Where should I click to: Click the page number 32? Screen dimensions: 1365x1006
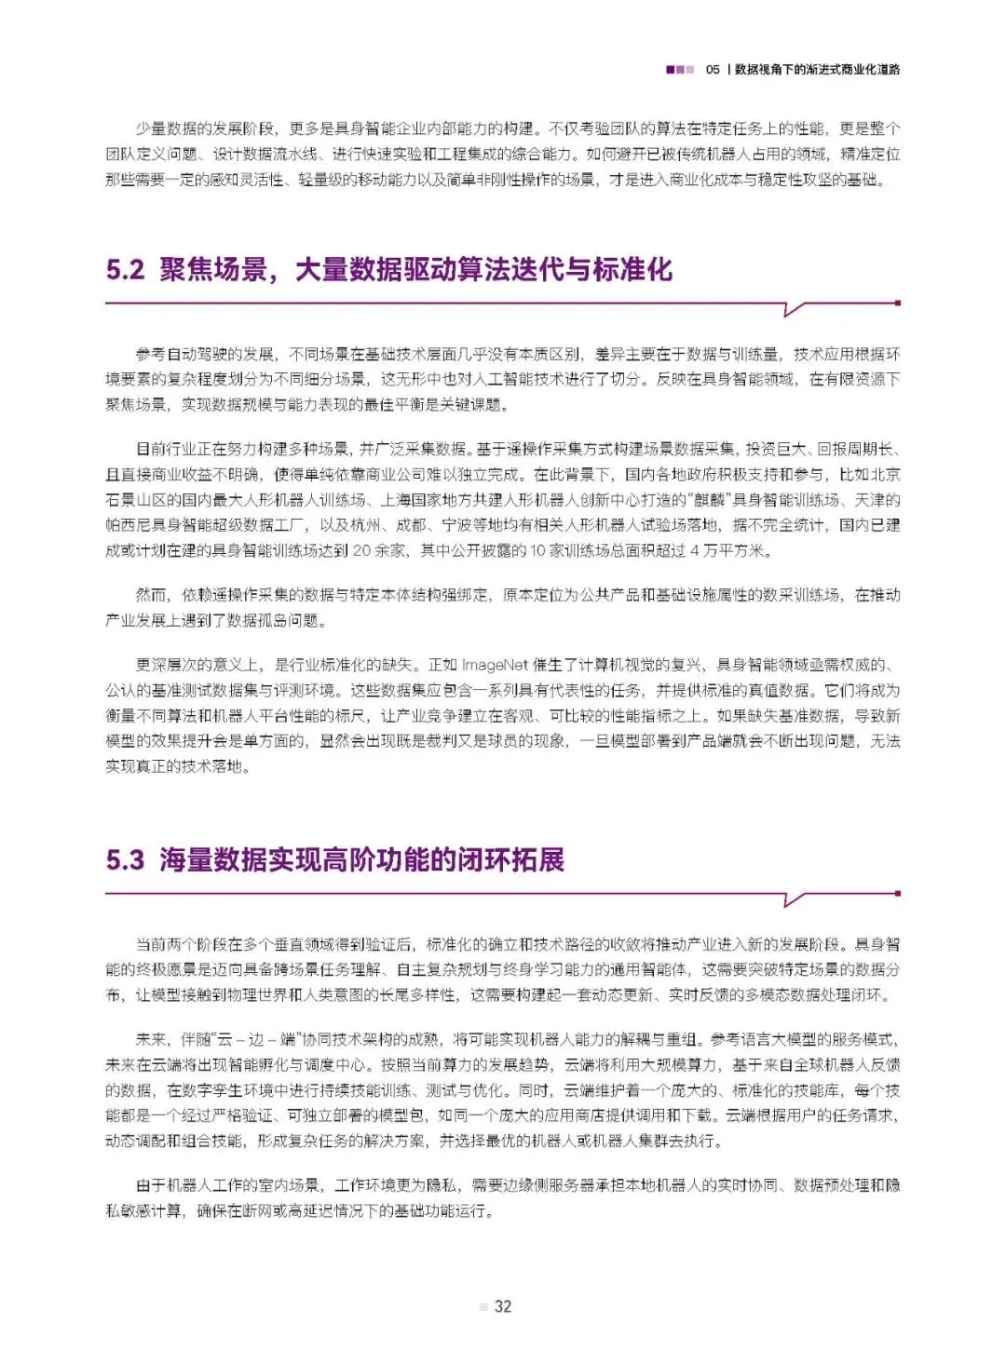click(503, 1306)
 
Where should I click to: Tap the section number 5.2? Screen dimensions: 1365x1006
click(125, 270)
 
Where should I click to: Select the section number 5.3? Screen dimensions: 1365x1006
click(125, 859)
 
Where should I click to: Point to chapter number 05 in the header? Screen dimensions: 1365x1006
click(713, 70)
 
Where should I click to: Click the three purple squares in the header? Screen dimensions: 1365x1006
click(680, 70)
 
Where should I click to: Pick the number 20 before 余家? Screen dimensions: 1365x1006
click(362, 550)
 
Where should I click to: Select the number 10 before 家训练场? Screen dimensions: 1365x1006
click(537, 550)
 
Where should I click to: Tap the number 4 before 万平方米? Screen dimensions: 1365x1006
click(695, 550)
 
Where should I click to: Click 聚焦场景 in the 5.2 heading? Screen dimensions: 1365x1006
click(212, 270)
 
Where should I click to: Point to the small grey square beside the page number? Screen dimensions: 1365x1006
click(483, 1307)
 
